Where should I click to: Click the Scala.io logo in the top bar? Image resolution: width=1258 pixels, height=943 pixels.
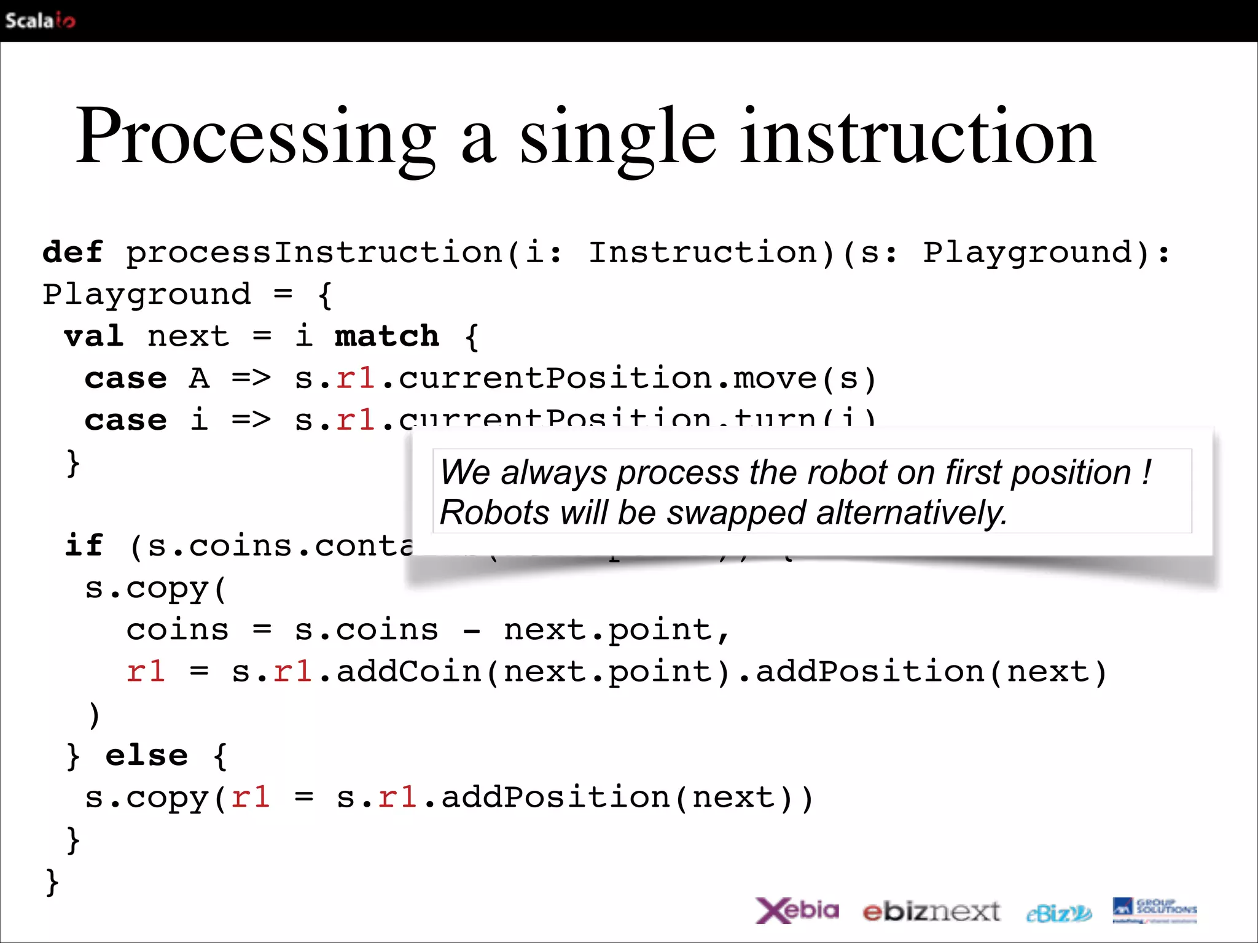(40, 20)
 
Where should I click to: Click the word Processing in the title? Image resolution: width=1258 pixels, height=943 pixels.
(255, 136)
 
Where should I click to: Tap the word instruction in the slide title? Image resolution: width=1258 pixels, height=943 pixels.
(918, 136)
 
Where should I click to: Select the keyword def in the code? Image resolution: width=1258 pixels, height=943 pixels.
(72, 252)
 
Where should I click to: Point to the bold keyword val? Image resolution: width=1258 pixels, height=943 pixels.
(94, 336)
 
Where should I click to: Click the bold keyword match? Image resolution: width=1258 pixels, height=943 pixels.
(387, 336)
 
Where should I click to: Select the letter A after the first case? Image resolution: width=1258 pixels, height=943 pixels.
(198, 378)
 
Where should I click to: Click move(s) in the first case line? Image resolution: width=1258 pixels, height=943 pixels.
(805, 378)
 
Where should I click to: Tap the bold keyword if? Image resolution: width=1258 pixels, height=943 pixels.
(84, 546)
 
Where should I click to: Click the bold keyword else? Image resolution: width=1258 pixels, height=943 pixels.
(146, 755)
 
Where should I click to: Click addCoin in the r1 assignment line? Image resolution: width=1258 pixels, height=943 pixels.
(408, 672)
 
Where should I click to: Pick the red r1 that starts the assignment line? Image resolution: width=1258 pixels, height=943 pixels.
(146, 672)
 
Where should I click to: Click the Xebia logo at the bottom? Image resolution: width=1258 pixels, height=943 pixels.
(797, 910)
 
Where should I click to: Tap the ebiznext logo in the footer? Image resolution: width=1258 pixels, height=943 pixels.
(931, 912)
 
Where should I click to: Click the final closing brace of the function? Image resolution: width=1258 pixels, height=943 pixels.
(52, 882)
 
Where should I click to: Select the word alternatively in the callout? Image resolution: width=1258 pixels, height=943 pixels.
(912, 513)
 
